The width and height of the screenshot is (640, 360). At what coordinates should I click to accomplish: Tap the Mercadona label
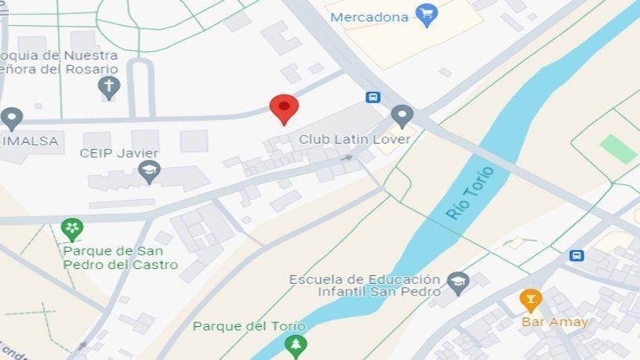coord(369,16)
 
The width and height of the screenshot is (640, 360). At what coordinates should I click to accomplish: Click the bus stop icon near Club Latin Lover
coord(374,97)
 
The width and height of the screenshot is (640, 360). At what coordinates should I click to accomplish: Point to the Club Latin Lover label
coord(355,139)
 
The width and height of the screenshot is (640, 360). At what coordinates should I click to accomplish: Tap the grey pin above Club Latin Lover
coord(402,117)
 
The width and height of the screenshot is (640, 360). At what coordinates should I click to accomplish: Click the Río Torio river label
coord(470,193)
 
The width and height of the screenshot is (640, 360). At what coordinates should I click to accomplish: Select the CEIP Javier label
coord(119,153)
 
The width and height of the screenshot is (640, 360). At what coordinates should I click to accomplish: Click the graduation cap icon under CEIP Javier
coord(149,171)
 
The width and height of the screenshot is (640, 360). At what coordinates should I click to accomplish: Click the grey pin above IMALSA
coord(11,118)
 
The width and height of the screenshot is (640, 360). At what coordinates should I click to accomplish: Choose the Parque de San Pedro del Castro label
coord(119,258)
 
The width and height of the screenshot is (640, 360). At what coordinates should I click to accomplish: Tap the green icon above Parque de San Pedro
coord(71,230)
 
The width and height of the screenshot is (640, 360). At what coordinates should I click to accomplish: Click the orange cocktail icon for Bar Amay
coord(530,300)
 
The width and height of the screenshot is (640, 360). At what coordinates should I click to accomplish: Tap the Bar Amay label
coord(555,322)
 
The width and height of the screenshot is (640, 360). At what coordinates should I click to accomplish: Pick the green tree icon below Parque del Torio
coord(296,345)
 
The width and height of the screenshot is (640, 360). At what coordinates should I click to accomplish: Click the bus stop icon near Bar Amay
coord(577,256)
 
